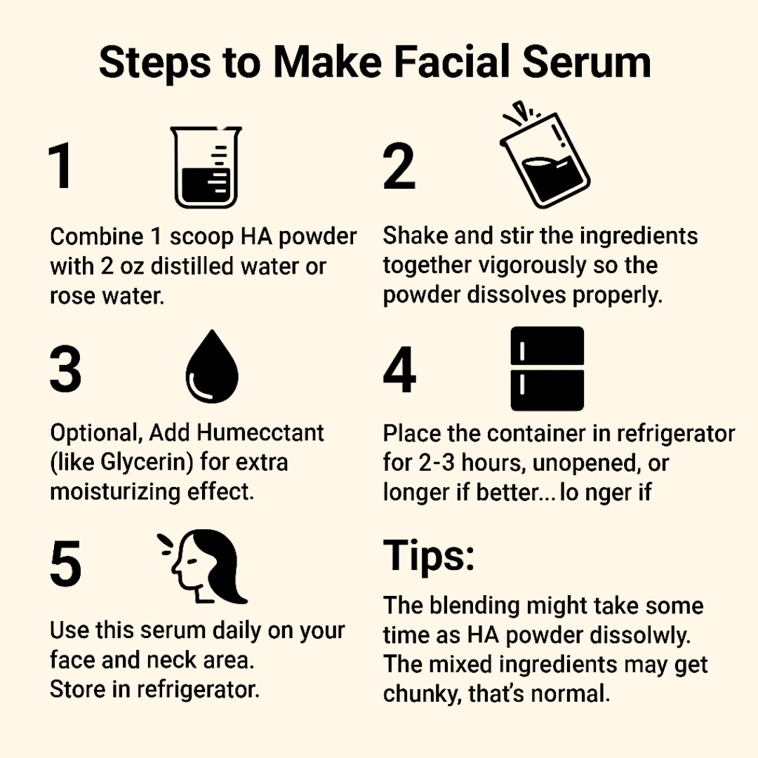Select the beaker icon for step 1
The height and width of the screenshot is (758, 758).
pyautogui.click(x=206, y=168)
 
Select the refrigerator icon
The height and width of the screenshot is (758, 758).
pyautogui.click(x=547, y=368)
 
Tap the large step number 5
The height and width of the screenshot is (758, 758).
pyautogui.click(x=65, y=566)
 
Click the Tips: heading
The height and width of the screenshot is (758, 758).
pyautogui.click(x=429, y=557)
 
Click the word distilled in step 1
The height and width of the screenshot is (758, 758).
pyautogui.click(x=200, y=267)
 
